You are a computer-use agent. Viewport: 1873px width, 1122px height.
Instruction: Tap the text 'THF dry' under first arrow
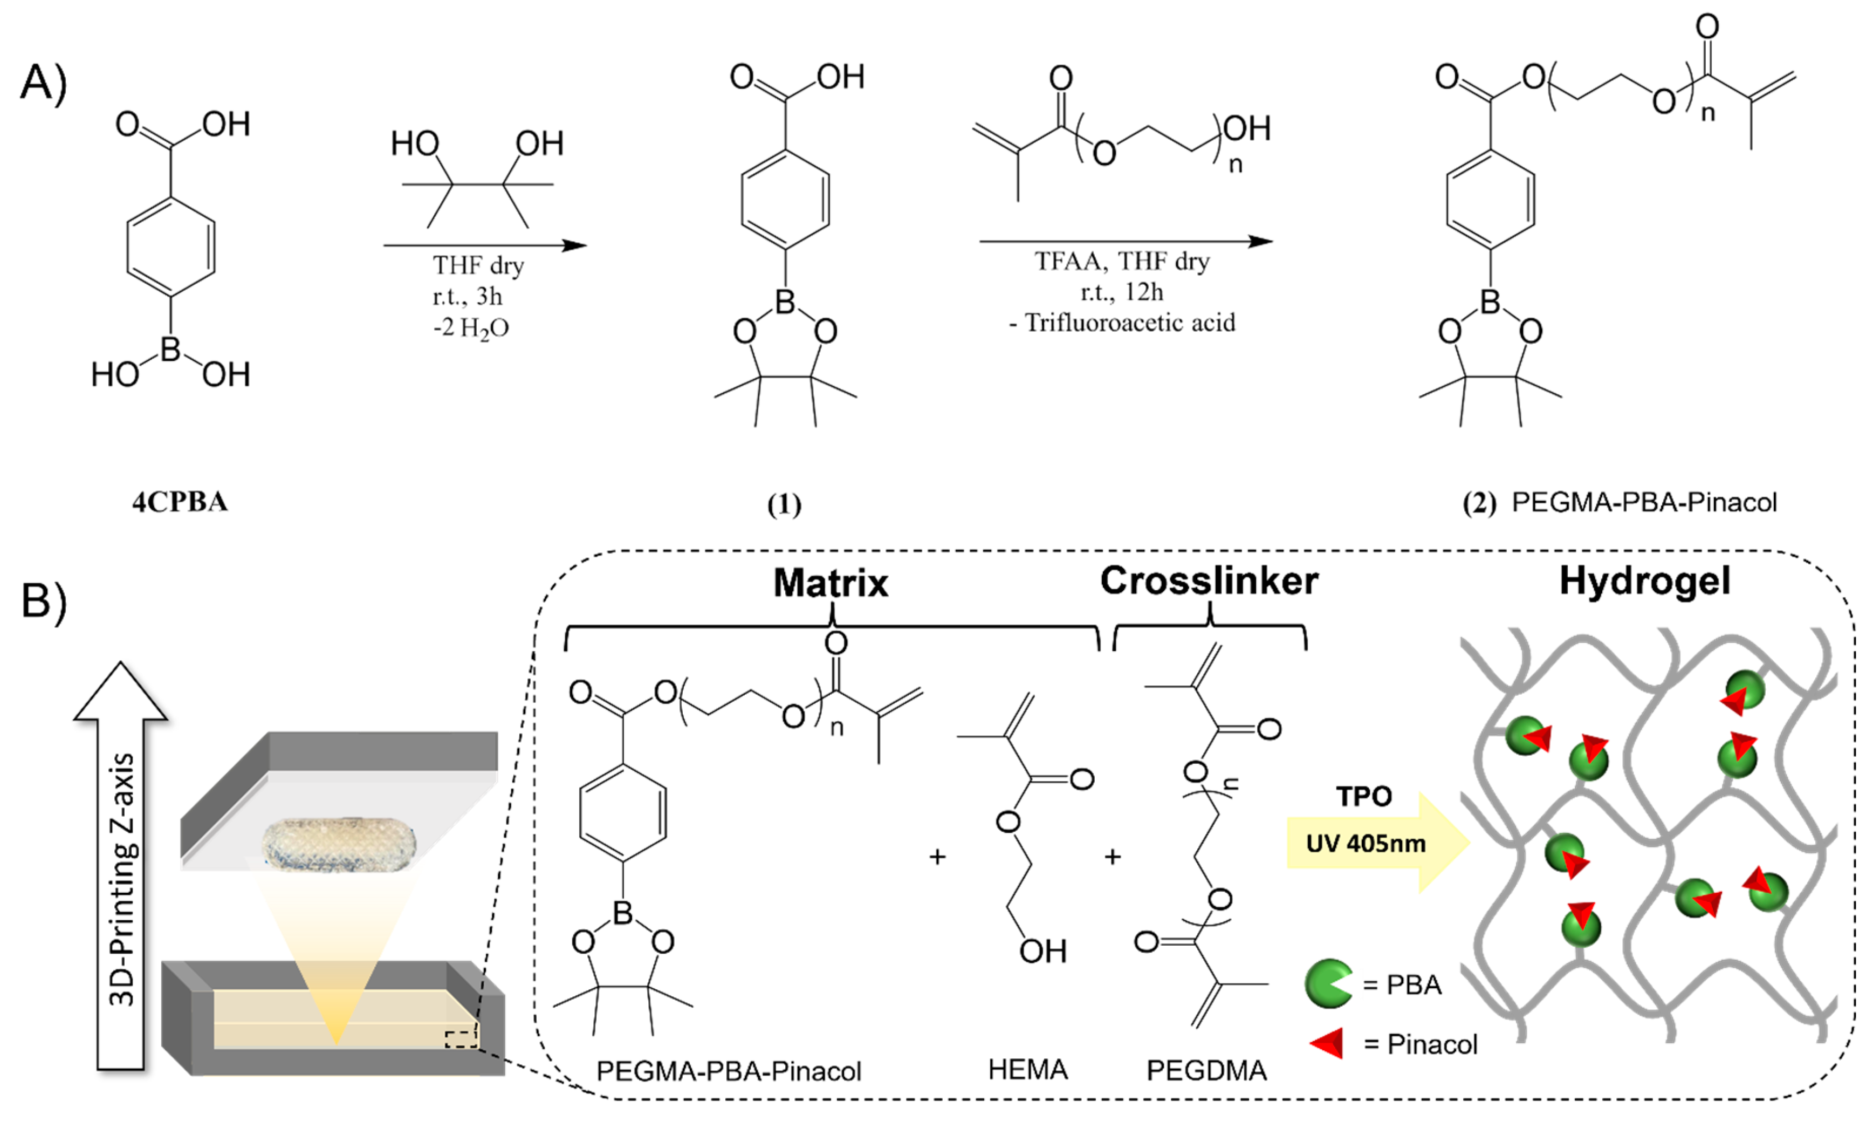[x=478, y=265]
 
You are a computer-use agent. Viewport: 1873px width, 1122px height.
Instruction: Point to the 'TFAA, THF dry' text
[x=1122, y=261]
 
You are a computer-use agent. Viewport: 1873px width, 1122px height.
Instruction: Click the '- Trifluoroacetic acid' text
[x=1122, y=323]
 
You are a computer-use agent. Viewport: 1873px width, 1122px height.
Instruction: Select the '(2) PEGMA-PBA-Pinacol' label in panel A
[x=1619, y=503]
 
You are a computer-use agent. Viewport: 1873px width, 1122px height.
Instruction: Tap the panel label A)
[x=44, y=81]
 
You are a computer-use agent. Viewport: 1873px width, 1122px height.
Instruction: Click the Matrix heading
[x=830, y=583]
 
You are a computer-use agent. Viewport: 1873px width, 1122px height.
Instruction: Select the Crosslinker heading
[x=1209, y=580]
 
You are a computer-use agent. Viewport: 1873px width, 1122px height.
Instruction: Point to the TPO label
[x=1363, y=796]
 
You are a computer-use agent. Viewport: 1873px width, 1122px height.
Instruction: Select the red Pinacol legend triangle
[x=1327, y=1043]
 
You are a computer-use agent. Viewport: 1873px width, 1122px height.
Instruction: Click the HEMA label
[x=1027, y=1070]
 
